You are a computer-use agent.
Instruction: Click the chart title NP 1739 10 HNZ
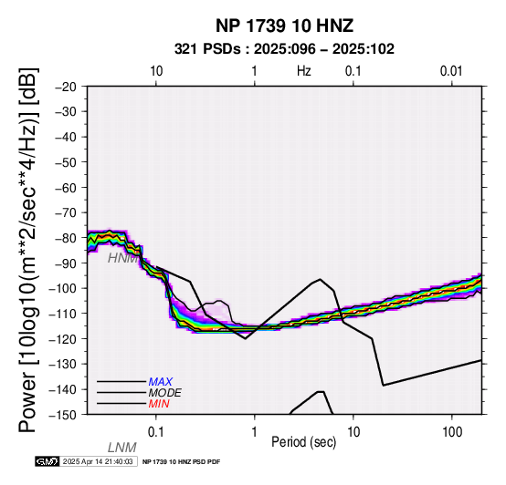(284, 26)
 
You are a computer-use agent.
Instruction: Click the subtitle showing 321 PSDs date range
(284, 49)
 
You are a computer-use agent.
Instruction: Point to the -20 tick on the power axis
(66, 87)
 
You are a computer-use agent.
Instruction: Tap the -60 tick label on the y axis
(66, 188)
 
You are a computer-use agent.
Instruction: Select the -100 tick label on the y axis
(63, 288)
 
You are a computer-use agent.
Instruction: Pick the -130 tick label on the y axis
(63, 364)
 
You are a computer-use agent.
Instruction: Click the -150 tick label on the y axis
(63, 415)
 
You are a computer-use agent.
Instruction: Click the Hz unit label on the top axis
(304, 71)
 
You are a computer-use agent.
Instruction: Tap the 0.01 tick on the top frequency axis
(451, 71)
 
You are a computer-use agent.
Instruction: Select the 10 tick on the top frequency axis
(156, 71)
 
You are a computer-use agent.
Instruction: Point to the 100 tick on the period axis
(452, 432)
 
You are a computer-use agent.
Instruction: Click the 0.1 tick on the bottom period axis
(156, 432)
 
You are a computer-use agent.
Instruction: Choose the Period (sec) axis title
(304, 442)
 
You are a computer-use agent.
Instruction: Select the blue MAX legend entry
(161, 382)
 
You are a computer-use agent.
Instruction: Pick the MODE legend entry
(165, 393)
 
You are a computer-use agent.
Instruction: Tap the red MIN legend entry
(159, 404)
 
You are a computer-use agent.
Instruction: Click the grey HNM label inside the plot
(123, 258)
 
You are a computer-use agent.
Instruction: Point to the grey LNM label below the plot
(122, 448)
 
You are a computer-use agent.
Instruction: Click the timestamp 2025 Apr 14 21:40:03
(98, 461)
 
